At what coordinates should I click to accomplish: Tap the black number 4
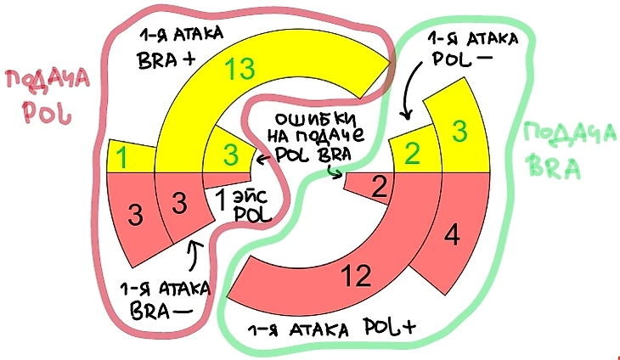click(x=451, y=235)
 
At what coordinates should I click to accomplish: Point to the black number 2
click(x=380, y=185)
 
